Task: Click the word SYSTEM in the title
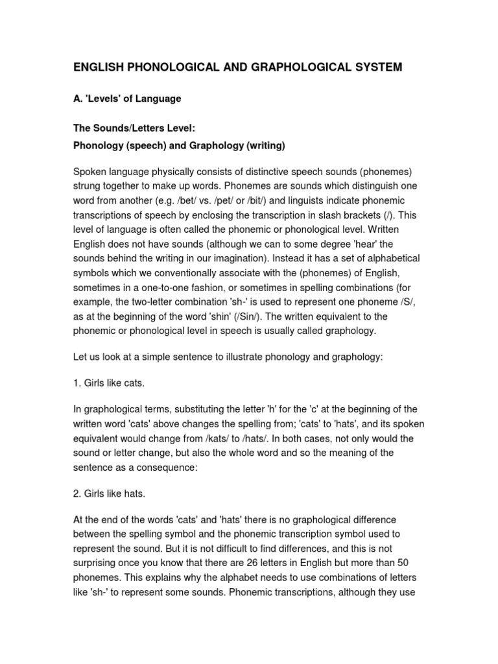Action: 375,67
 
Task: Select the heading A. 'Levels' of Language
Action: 127,99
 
